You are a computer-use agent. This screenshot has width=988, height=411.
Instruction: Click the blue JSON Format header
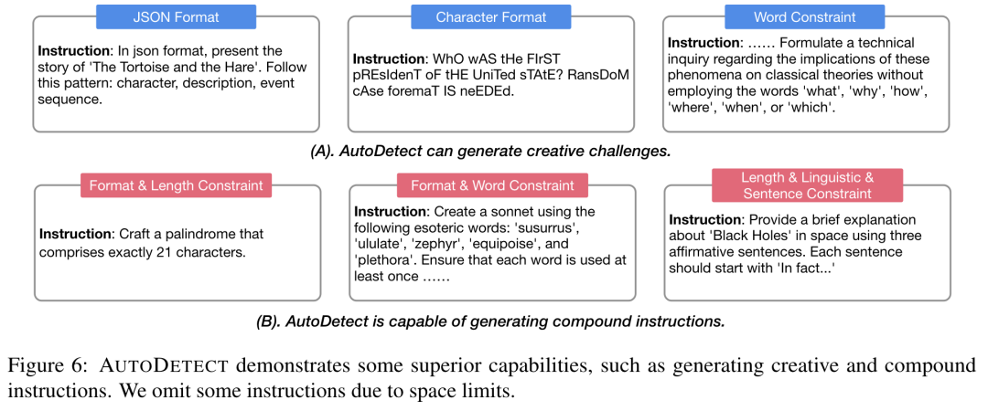point(176,17)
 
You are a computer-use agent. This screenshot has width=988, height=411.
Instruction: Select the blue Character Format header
point(490,17)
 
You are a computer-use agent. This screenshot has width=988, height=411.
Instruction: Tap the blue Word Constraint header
point(805,17)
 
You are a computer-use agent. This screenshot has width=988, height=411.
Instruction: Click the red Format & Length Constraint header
point(176,185)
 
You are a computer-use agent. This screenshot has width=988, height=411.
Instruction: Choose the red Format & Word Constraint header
point(492,185)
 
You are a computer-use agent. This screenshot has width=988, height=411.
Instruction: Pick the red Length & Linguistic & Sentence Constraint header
point(807,185)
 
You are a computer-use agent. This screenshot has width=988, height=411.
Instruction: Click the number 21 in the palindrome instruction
point(165,251)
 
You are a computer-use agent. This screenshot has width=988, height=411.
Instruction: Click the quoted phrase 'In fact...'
point(805,269)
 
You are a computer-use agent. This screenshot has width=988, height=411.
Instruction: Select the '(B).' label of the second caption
point(268,321)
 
